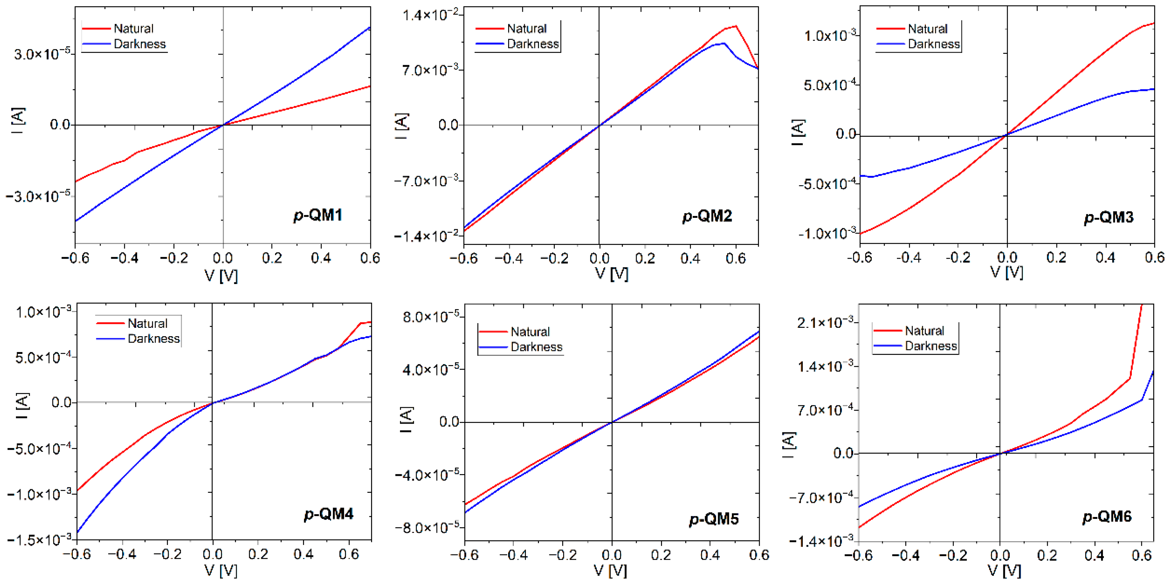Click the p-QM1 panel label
318,215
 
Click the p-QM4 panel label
328,514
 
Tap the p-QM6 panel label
1107,516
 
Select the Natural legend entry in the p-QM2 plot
526,29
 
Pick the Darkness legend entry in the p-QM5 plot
536,347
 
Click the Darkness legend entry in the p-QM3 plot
933,44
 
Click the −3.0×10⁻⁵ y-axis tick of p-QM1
38,197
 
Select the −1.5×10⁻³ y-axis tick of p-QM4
40,540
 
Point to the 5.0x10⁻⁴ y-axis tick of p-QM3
831,85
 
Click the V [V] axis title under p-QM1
221,276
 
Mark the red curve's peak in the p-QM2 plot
736,26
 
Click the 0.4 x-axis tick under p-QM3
1105,258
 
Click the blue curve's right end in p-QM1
370,28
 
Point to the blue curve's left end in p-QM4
77,533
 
